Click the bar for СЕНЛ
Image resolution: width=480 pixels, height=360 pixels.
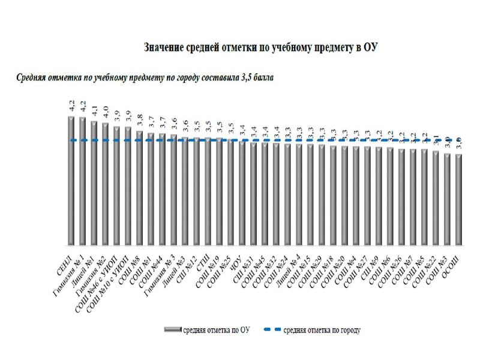pos(71,180)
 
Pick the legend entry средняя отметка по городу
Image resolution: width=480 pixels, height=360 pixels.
pos(321,329)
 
